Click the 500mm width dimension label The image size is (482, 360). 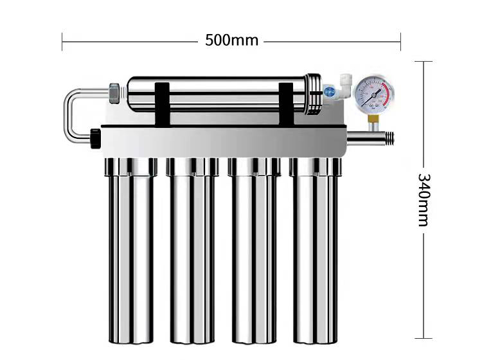tap(231, 40)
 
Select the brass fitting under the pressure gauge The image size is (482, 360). tap(373, 118)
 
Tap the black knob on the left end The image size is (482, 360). tap(96, 138)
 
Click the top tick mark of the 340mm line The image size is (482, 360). tap(423, 62)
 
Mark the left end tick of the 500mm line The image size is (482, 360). tap(62, 41)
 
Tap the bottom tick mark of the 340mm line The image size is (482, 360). tap(423, 337)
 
